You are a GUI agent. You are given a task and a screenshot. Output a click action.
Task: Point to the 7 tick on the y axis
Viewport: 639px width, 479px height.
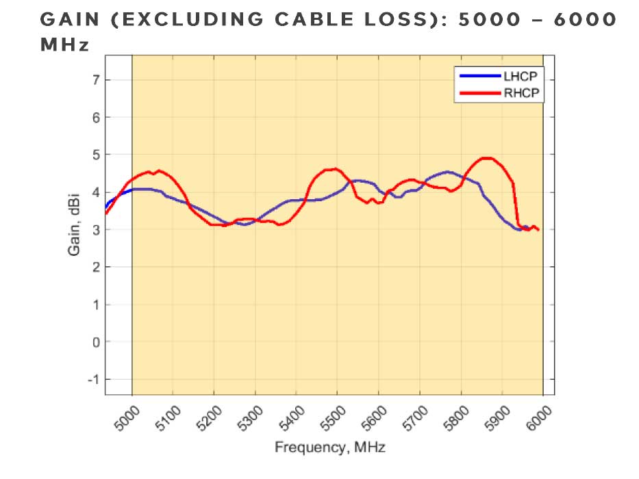tap(96, 80)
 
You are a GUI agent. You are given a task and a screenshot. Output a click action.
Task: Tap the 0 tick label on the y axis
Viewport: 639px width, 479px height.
tap(96, 341)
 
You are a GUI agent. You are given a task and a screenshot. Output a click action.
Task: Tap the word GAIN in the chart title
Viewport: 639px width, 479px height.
tap(71, 20)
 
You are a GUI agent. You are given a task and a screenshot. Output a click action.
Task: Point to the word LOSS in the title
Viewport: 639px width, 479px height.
tap(409, 20)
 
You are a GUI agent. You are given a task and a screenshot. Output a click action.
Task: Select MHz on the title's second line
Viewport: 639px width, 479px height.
tap(64, 45)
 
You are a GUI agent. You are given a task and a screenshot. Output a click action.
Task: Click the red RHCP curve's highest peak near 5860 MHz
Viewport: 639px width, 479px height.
tap(486, 158)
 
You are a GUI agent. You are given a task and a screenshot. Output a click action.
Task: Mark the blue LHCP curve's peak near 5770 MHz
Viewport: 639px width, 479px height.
tap(448, 172)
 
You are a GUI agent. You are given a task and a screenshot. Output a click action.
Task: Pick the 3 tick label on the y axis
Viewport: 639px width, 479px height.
tap(96, 229)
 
